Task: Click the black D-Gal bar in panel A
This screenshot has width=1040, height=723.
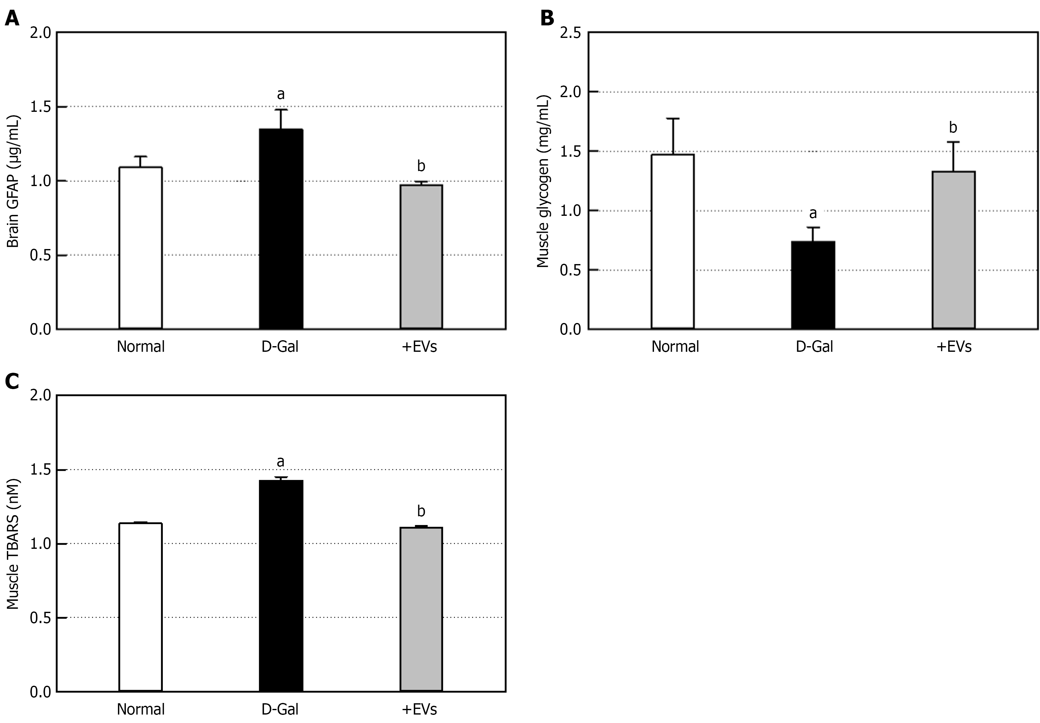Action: click(x=281, y=229)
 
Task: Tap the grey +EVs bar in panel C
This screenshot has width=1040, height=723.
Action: click(x=421, y=609)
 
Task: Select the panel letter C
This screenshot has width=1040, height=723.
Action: click(x=12, y=382)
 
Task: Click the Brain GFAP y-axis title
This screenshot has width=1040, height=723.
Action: click(x=13, y=181)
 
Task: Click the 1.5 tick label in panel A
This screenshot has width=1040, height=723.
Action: click(x=39, y=107)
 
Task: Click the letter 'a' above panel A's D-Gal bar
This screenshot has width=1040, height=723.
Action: click(x=281, y=94)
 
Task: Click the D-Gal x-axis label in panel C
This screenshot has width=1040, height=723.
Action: click(x=280, y=709)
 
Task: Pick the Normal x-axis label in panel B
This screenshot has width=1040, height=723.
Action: click(x=675, y=346)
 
